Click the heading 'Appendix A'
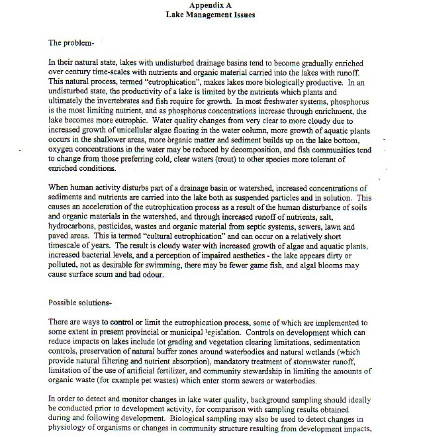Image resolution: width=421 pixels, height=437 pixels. coord(210,5)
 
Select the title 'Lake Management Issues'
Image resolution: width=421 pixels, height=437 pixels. coord(210,14)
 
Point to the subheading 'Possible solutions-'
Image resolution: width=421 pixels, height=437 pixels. coord(80,303)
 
